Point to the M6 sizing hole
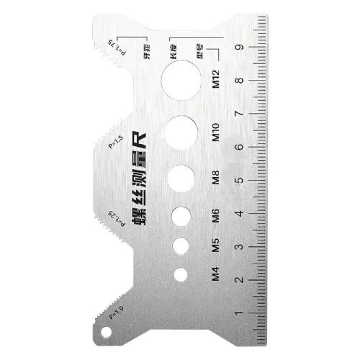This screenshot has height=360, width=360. click(x=184, y=215)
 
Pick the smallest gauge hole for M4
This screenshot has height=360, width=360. click(x=182, y=274)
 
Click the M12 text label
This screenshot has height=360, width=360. click(x=216, y=78)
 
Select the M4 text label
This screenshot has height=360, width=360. click(x=215, y=274)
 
